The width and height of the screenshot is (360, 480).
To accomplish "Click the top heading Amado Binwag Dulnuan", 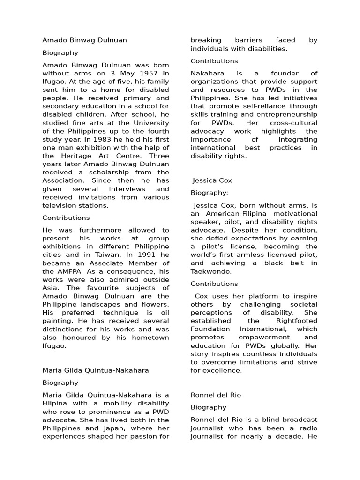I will [84, 40].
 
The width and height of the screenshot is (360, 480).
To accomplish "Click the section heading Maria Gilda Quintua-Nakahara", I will [96, 370].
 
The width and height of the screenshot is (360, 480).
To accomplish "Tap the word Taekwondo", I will [211, 271].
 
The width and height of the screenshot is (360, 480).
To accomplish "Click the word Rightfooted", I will [296, 321].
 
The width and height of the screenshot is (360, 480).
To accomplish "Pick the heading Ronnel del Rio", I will [216, 395].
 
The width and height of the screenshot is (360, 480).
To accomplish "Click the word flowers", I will [154, 304].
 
